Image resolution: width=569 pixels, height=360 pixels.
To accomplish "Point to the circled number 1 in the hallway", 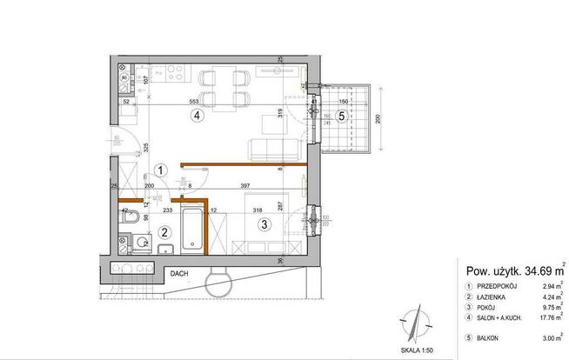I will pyautogui.click(x=159, y=171).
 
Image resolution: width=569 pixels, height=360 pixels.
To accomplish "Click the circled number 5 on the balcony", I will pyautogui.click(x=342, y=115).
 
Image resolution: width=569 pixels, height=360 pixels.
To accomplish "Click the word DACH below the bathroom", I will pyautogui.click(x=179, y=272).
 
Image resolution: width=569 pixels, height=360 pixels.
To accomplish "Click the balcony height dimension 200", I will pyautogui.click(x=380, y=120).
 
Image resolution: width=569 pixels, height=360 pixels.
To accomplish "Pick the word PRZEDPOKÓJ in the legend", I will pyautogui.click(x=497, y=286).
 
